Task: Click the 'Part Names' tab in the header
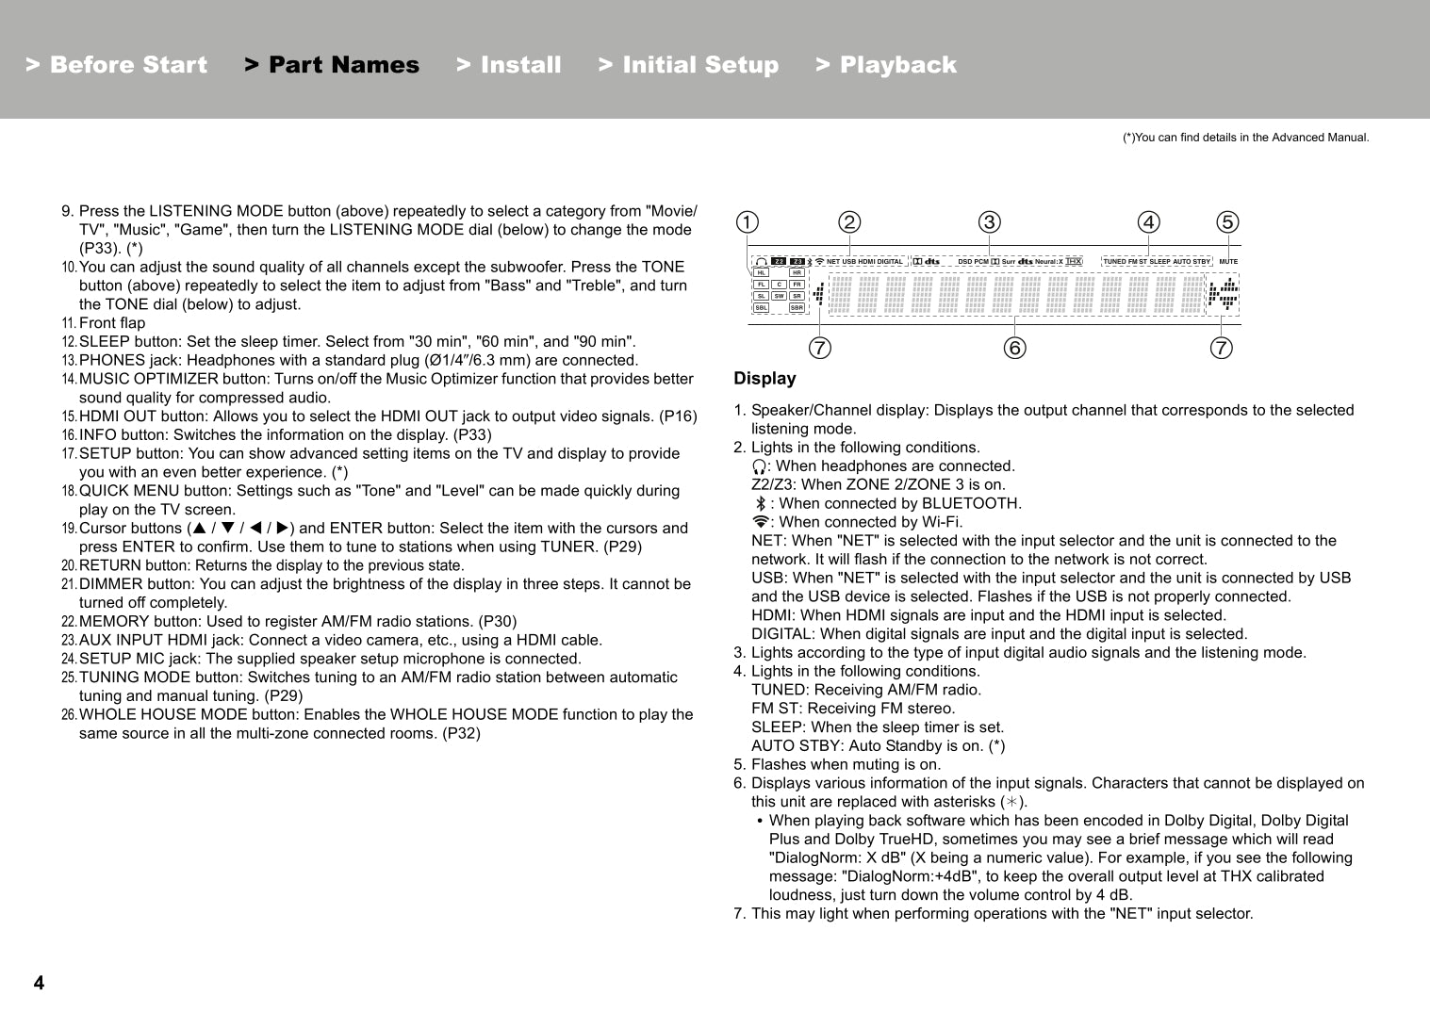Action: tap(332, 65)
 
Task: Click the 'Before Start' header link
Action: tap(117, 65)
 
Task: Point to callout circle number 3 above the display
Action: tap(989, 222)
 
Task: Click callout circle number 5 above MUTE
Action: tap(1226, 222)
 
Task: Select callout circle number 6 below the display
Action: tap(1014, 349)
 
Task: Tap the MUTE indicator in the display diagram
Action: tap(1228, 262)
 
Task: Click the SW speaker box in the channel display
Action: tap(779, 296)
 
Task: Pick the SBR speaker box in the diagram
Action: tap(797, 308)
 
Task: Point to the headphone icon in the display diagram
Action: tap(761, 262)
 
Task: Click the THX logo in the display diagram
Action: tap(1074, 262)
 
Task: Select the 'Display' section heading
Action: tap(764, 379)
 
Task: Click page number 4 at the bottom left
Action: tap(39, 983)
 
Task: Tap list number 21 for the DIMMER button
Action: tap(68, 584)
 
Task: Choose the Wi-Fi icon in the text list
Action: tap(760, 522)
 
